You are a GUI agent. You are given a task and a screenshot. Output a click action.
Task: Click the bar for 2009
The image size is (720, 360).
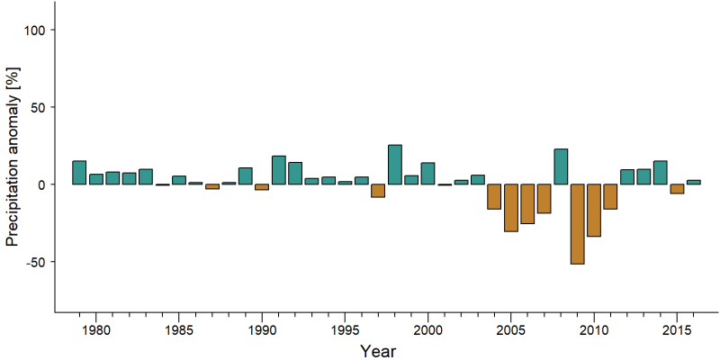pyautogui.click(x=577, y=224)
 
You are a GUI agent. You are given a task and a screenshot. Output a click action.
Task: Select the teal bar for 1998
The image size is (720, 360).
pyautogui.click(x=395, y=165)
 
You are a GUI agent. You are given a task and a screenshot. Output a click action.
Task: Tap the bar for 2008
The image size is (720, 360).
pyautogui.click(x=561, y=166)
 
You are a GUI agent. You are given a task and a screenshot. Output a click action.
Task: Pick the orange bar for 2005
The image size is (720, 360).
pyautogui.click(x=511, y=208)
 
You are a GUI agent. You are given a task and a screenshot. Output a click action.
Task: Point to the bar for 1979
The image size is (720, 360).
pyautogui.click(x=79, y=173)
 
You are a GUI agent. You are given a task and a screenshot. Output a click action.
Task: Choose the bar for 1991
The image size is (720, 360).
pyautogui.click(x=279, y=170)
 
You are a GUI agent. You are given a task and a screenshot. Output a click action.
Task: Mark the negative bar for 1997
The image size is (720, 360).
pyautogui.click(x=378, y=191)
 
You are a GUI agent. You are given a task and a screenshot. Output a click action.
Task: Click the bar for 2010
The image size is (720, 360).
pyautogui.click(x=594, y=211)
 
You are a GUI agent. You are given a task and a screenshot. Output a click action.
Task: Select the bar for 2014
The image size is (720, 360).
pyautogui.click(x=661, y=173)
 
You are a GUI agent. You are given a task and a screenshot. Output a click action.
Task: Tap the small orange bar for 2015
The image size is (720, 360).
pyautogui.click(x=677, y=189)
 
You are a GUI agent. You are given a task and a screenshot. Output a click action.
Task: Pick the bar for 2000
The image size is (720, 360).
pyautogui.click(x=428, y=174)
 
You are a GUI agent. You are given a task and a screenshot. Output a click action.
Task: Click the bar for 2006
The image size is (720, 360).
pyautogui.click(x=527, y=204)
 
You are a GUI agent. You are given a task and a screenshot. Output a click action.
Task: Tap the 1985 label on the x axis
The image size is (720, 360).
pyautogui.click(x=179, y=329)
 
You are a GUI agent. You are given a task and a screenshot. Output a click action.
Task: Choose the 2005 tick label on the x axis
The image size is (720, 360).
pyautogui.click(x=511, y=329)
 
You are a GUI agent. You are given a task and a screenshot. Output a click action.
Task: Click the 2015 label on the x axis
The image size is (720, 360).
pyautogui.click(x=677, y=329)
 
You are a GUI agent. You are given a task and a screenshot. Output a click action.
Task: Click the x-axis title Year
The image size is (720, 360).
pyautogui.click(x=377, y=351)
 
